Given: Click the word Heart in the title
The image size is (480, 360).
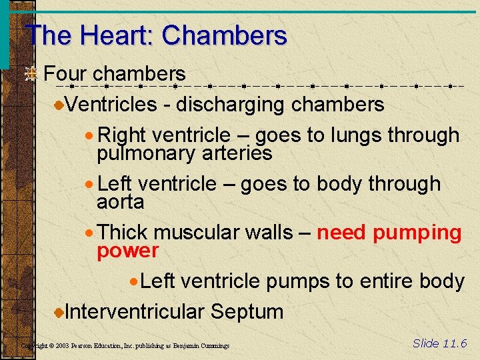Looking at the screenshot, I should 113,35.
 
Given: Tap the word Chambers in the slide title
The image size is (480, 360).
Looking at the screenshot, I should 224,35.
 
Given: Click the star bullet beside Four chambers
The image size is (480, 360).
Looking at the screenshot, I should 31,74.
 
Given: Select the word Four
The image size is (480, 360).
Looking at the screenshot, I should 65,73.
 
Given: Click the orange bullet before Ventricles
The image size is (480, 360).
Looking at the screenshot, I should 59,105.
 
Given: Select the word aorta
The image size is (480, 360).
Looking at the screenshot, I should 121,202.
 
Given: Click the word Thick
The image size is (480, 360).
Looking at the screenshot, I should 123,233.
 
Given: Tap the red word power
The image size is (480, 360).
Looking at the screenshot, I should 128,251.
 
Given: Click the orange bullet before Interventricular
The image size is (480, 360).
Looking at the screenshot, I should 59,312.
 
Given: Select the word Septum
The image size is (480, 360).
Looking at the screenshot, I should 247,312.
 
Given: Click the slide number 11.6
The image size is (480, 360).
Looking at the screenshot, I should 454,343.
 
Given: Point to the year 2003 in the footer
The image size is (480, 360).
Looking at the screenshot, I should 61,346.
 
